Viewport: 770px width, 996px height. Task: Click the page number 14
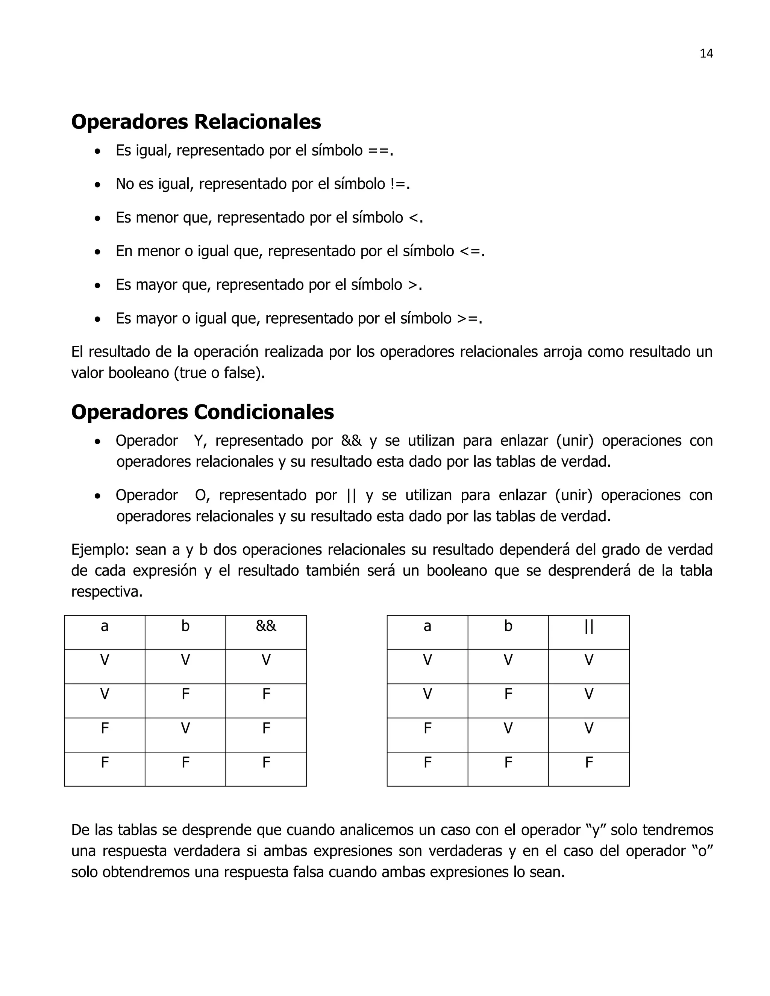[706, 54]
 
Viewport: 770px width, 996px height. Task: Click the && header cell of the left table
[266, 626]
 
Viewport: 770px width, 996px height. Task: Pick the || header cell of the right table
[588, 626]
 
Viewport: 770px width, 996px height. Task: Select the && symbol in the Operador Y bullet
[351, 441]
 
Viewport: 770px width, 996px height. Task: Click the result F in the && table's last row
[266, 762]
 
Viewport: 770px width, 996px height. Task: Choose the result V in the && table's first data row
[266, 660]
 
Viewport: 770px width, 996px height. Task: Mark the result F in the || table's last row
[588, 762]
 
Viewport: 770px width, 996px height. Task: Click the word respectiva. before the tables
[107, 592]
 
